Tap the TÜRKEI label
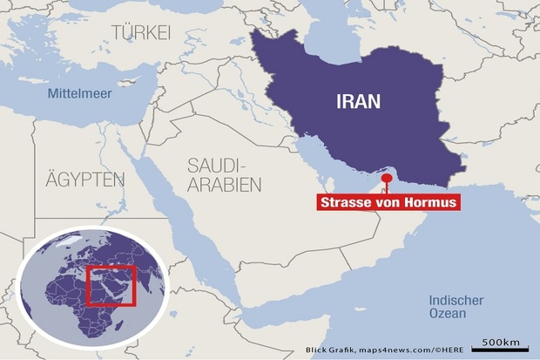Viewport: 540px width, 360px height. (141, 32)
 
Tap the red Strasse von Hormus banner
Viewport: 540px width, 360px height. (388, 203)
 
